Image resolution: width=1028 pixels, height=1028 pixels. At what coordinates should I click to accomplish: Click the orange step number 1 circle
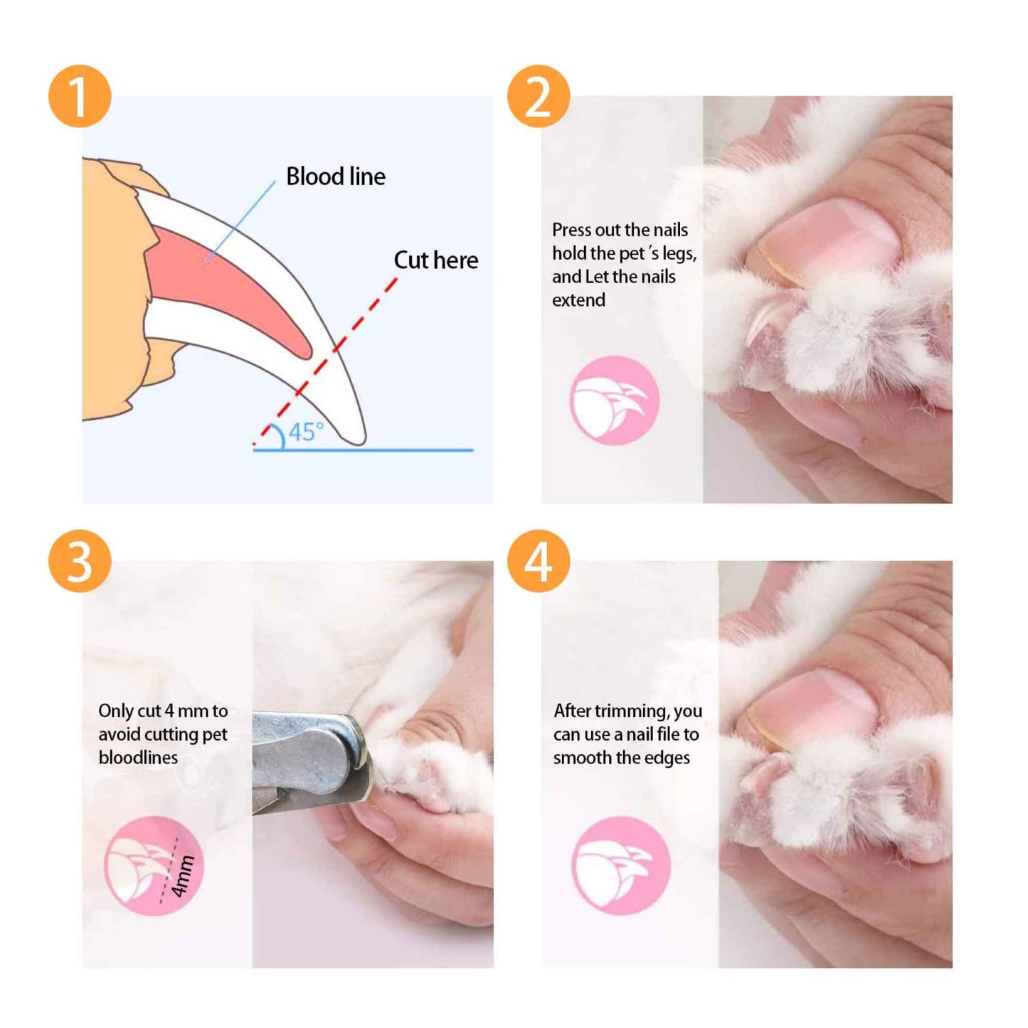tap(80, 97)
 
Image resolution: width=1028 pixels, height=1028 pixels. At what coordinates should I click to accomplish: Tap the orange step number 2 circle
tap(539, 97)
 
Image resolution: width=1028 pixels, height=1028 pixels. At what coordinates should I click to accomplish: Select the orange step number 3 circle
tap(80, 561)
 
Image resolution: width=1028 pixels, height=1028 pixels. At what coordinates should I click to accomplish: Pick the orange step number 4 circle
tap(539, 561)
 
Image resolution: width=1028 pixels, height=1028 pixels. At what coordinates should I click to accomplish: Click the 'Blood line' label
tap(335, 176)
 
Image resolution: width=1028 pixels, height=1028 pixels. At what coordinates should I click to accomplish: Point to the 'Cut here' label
tap(435, 260)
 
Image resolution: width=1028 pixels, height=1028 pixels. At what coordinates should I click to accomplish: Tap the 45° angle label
tap(305, 432)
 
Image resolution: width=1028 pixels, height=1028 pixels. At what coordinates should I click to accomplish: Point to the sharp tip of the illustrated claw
tap(361, 441)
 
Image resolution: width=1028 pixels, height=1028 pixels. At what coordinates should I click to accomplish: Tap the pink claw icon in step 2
tap(614, 401)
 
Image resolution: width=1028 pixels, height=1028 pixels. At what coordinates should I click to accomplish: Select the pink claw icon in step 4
tap(620, 866)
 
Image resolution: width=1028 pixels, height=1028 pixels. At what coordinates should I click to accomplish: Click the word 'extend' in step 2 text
tap(578, 300)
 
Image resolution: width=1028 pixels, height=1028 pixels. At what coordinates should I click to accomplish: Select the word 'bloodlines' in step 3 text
tap(138, 758)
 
